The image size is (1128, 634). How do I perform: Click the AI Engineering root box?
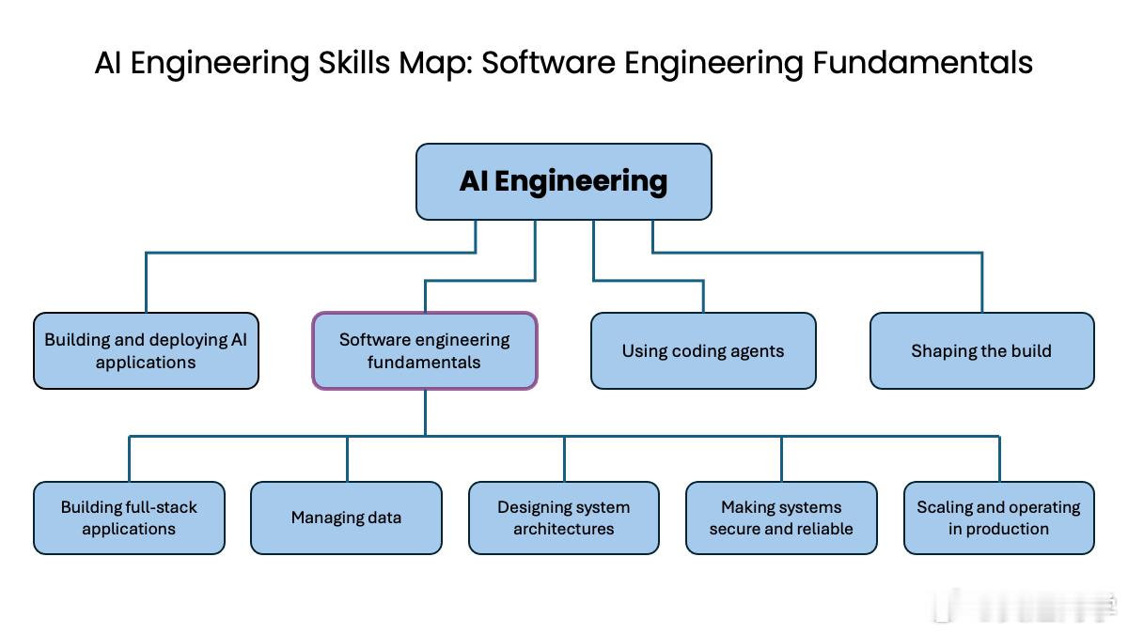[x=563, y=181]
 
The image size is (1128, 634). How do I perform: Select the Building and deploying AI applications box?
[x=146, y=350]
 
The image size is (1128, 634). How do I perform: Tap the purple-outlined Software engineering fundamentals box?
[x=425, y=350]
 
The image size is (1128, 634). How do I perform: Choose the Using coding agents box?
[x=703, y=350]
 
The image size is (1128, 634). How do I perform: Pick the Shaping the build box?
[x=982, y=350]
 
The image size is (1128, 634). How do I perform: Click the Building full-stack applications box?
[x=129, y=518]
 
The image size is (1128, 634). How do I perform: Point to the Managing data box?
[x=347, y=518]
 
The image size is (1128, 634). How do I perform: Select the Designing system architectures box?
[x=564, y=518]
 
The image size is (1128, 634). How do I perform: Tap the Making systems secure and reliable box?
[x=781, y=518]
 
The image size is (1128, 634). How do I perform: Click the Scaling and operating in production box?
[x=999, y=518]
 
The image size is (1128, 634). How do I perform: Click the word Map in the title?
[x=435, y=64]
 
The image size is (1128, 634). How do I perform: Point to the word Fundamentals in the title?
[x=922, y=63]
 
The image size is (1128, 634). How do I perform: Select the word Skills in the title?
[x=354, y=63]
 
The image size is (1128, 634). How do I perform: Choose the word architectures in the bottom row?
[x=563, y=529]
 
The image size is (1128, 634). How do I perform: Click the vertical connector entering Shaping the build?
[x=982, y=283]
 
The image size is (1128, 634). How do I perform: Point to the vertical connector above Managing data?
[x=347, y=459]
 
